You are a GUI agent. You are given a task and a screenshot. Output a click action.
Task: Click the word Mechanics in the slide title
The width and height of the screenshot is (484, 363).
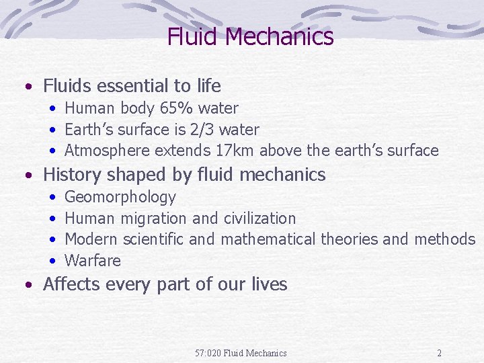[x=280, y=36]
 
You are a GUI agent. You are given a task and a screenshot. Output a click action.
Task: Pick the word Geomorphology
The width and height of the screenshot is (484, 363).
[x=120, y=197]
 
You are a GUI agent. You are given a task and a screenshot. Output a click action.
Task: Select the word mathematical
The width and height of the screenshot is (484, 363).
[x=268, y=239]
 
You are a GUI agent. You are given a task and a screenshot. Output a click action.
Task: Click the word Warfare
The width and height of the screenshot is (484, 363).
[x=93, y=261]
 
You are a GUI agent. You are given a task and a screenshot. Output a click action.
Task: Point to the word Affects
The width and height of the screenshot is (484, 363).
[x=71, y=284]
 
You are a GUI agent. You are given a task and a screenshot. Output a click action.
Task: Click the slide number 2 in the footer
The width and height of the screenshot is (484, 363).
[x=439, y=353]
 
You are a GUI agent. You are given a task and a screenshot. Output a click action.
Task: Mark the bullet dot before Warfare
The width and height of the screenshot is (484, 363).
[x=52, y=261]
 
